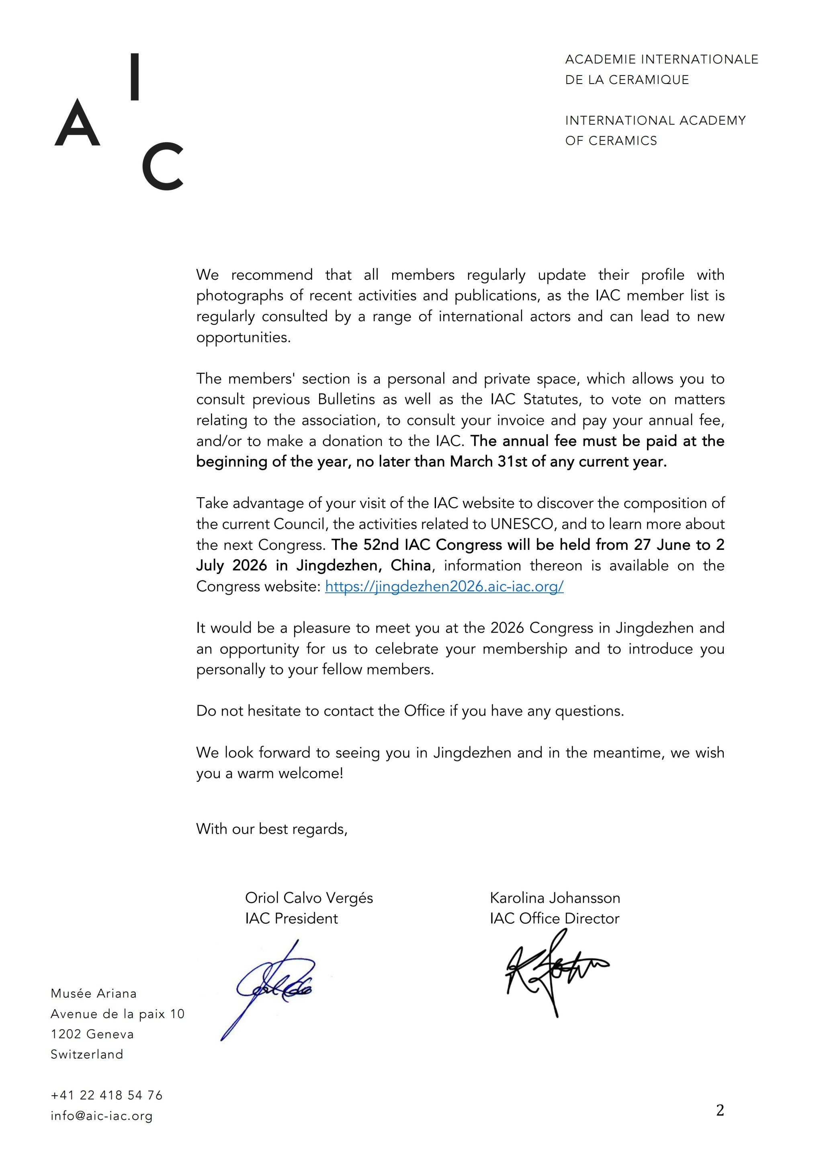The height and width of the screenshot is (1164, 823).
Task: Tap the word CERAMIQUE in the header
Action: point(649,80)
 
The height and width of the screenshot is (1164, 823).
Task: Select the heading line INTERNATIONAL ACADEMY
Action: point(655,121)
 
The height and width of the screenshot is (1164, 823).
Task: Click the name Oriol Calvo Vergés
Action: point(309,898)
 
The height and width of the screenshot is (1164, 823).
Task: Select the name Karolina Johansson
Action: point(555,898)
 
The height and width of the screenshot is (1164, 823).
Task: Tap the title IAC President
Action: point(291,919)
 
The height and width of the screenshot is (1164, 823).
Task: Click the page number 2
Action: point(720,1111)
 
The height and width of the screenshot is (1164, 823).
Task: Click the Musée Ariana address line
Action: point(94,993)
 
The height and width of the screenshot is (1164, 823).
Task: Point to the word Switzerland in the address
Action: point(87,1055)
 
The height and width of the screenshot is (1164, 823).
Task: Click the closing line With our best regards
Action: point(272,829)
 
